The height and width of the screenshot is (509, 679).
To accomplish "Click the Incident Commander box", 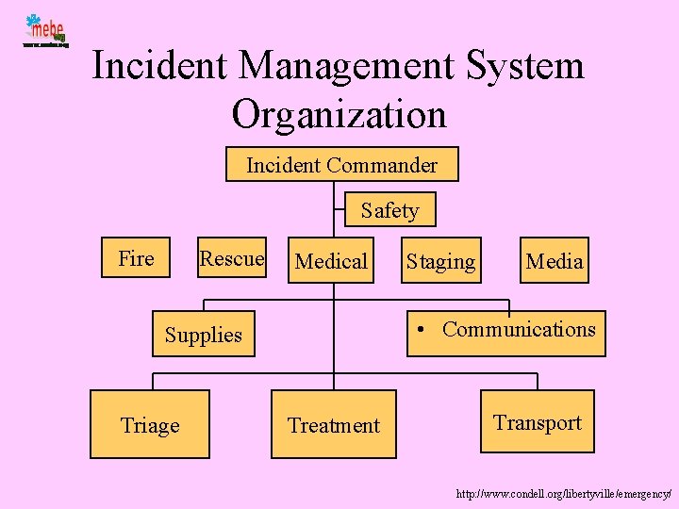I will click(x=341, y=165).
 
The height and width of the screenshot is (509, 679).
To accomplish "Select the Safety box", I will click(x=389, y=210).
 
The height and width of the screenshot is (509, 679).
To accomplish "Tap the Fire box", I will click(x=137, y=258).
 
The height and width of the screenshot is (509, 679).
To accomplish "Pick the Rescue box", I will click(x=232, y=258).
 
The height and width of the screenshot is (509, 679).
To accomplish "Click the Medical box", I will click(x=331, y=261).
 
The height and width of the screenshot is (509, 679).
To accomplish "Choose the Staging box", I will click(x=441, y=261).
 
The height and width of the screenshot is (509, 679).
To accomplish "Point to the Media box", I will click(x=554, y=260).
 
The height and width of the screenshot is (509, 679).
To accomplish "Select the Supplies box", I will click(x=204, y=335).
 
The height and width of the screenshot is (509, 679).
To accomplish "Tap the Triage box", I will click(x=150, y=425).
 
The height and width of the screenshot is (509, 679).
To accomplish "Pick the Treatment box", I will click(x=334, y=425).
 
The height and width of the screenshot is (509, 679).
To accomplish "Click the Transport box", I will click(x=538, y=421).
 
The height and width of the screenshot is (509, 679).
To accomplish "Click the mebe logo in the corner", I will click(x=45, y=31).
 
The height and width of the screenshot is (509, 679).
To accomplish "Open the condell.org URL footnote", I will click(x=563, y=493).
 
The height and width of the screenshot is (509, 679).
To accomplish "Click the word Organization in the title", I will click(x=339, y=114).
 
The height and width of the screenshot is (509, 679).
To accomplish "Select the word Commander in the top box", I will click(x=382, y=166).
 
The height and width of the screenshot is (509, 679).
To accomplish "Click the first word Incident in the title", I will click(x=159, y=66).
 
